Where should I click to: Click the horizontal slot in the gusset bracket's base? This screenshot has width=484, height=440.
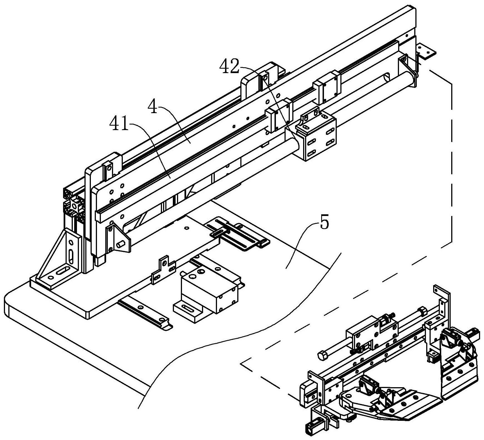click(64, 270)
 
